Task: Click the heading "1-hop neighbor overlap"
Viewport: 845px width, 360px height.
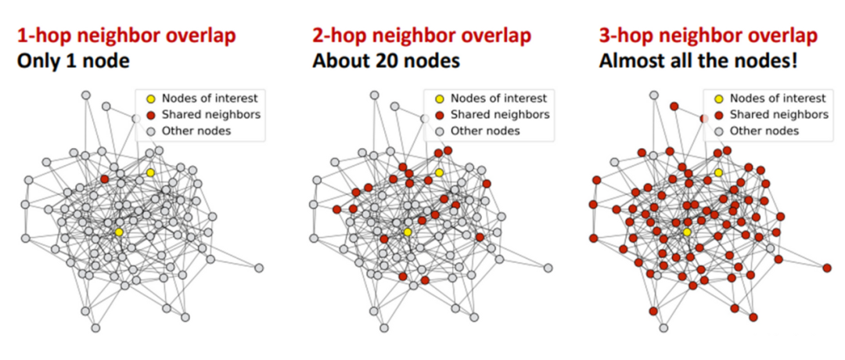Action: [126, 35]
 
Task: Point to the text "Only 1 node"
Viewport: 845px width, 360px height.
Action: [73, 60]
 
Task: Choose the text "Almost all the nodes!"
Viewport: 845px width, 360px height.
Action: [698, 60]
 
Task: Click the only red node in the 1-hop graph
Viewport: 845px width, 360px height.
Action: [104, 179]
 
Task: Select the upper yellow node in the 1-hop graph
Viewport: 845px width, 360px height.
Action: [150, 172]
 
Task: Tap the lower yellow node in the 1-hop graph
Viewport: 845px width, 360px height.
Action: [118, 232]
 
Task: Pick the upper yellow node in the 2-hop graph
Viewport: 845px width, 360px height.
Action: [440, 172]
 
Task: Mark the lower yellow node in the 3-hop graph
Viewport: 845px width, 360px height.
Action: [686, 232]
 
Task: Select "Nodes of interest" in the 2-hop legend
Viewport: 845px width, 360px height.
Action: [498, 99]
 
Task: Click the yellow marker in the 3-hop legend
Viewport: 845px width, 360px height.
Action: [717, 99]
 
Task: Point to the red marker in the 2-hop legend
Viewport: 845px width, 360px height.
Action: [439, 114]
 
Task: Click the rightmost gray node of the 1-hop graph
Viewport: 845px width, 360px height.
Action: [259, 268]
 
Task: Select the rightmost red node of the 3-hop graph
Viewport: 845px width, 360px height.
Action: [827, 268]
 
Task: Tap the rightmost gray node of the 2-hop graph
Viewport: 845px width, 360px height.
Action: [548, 268]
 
